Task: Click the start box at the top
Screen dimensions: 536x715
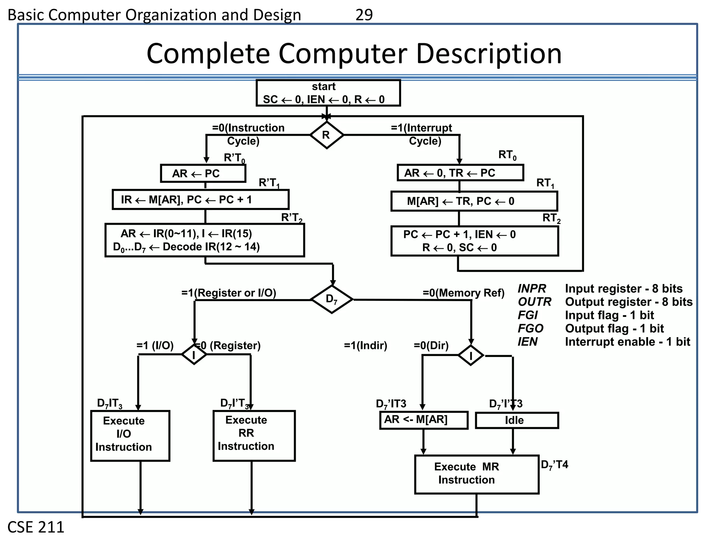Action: (x=328, y=93)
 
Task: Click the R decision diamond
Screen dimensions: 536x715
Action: (x=326, y=135)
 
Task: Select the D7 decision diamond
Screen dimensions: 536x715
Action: (x=332, y=299)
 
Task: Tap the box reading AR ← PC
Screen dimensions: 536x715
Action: (x=203, y=173)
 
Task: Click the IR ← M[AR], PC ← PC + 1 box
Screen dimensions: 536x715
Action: (x=200, y=200)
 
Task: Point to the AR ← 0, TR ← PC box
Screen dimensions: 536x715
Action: (x=460, y=173)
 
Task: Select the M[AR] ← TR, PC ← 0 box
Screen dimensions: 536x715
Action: (x=474, y=201)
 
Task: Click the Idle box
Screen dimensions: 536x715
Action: (x=517, y=420)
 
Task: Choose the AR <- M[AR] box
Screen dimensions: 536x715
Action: (x=423, y=420)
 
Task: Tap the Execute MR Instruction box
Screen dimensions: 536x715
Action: (x=476, y=474)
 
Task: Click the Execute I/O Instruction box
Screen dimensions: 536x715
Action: (x=130, y=435)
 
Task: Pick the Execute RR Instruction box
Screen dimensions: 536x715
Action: (x=254, y=435)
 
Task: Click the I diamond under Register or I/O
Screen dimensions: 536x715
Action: (x=194, y=355)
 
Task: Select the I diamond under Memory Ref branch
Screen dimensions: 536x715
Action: (x=471, y=356)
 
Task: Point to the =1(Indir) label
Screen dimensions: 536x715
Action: (x=366, y=346)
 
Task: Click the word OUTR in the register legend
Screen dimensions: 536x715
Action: (x=534, y=302)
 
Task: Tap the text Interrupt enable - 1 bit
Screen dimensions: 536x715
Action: (x=627, y=342)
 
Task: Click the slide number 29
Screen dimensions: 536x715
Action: (x=364, y=15)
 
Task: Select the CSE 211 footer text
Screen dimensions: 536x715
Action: (x=36, y=527)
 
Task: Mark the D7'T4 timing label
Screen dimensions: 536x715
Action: (x=554, y=465)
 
